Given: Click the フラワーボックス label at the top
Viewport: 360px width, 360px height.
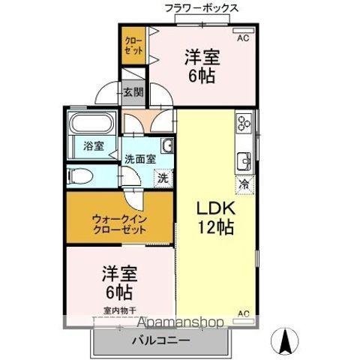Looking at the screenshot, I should tap(202, 8).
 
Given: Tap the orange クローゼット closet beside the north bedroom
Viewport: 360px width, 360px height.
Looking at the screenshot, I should tap(133, 44).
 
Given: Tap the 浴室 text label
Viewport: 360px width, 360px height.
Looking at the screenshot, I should tap(93, 147).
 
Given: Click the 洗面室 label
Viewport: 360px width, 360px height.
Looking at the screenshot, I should tap(140, 158).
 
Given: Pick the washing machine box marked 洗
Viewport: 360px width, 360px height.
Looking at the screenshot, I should tap(162, 178).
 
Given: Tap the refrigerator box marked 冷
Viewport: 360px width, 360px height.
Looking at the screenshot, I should tap(244, 182).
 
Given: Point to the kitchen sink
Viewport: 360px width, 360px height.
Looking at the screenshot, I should tap(244, 160).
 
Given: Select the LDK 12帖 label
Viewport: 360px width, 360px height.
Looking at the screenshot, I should tap(215, 217).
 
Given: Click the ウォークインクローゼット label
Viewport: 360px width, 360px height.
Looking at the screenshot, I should tap(120, 223).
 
